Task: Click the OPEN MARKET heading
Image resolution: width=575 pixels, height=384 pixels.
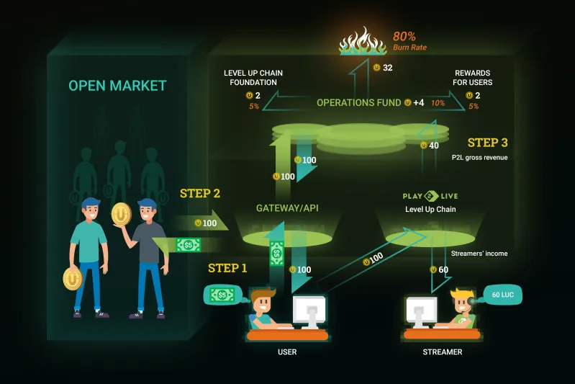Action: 117,86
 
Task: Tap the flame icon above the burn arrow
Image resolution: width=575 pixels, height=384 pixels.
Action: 362,41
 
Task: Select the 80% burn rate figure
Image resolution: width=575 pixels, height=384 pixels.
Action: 404,36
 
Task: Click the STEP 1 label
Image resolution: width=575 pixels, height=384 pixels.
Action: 227,268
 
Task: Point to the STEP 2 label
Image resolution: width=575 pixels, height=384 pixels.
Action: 200,193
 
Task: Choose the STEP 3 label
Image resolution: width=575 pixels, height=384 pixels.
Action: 487,143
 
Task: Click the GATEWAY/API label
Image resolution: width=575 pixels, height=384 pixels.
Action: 287,208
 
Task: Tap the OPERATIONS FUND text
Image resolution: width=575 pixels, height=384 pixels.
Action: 358,103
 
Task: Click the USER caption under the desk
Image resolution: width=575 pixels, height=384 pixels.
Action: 287,352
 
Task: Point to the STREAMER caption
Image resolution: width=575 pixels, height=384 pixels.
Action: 443,352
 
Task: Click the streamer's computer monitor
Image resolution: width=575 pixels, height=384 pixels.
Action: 421,312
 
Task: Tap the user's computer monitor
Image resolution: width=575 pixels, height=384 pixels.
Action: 309,312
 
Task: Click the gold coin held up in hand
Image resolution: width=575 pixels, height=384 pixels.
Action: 122,214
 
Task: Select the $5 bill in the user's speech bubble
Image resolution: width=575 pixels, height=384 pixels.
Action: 222,295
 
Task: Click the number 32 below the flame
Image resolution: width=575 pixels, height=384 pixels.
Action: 388,68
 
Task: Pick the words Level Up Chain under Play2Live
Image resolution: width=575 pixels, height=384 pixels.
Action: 430,209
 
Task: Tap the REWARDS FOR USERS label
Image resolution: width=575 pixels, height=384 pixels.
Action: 472,78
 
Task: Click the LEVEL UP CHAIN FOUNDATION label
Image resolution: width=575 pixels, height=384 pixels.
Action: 253,78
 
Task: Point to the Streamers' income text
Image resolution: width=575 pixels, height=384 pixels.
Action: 479,254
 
